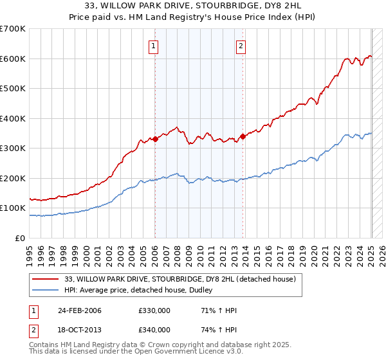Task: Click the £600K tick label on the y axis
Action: click(x=13, y=59)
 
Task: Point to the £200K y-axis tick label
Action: click(x=13, y=178)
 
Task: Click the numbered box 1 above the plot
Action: click(x=154, y=46)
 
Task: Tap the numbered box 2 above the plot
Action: click(x=241, y=46)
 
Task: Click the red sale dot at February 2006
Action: click(x=155, y=139)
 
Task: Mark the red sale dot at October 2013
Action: click(x=243, y=136)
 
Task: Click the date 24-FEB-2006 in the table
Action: click(x=79, y=311)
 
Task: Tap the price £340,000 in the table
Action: click(x=154, y=330)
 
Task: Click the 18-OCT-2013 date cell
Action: click(x=79, y=330)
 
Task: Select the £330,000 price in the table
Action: click(x=154, y=311)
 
